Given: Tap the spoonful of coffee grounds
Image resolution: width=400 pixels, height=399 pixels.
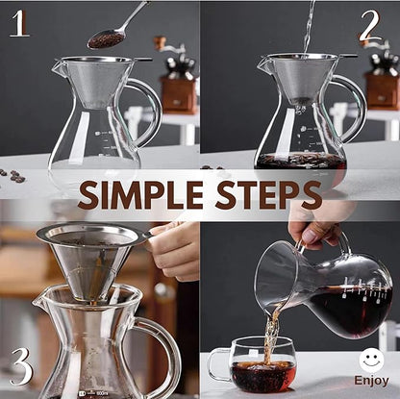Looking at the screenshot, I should pyautogui.click(x=105, y=38).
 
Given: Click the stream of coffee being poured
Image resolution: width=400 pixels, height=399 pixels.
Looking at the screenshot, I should pyautogui.click(x=272, y=332).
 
